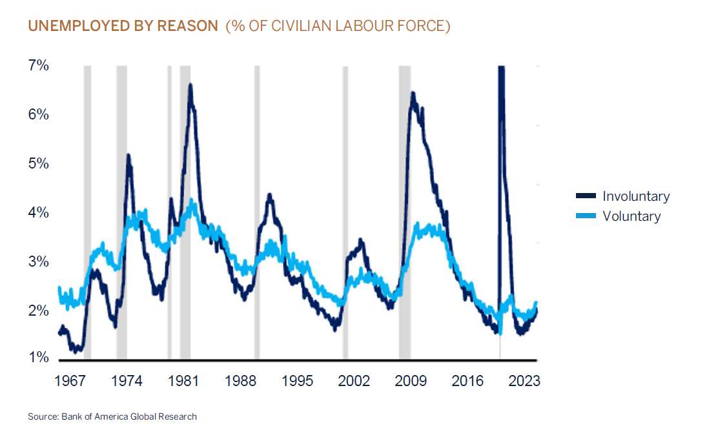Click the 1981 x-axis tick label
click(183, 380)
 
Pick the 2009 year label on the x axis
click(411, 380)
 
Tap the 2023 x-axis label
click(524, 380)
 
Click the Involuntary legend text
click(636, 196)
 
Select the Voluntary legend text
click(632, 216)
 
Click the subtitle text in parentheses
click(338, 26)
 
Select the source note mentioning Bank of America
click(112, 416)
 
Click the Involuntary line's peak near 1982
click(190, 85)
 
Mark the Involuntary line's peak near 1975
click(128, 156)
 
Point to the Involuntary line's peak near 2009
click(412, 94)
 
